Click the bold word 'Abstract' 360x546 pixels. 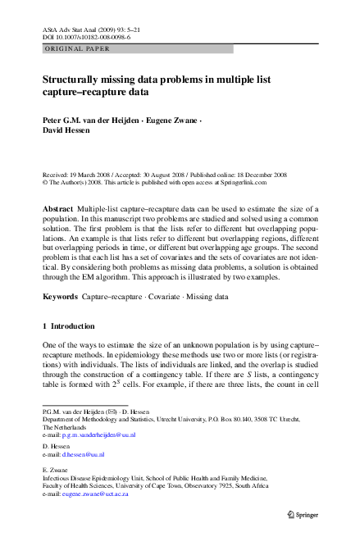[x=58, y=209]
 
